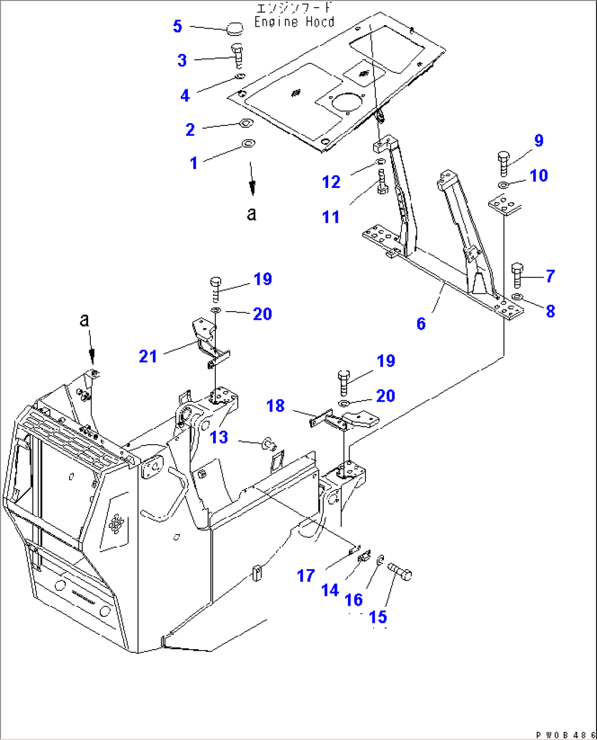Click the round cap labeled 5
(x=236, y=27)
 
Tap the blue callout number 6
(x=421, y=324)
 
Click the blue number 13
(x=219, y=437)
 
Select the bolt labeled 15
(x=400, y=572)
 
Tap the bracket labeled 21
(x=208, y=342)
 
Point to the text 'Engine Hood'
(x=294, y=22)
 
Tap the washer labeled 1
(x=248, y=144)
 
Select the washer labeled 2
(x=245, y=124)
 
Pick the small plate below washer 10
(x=503, y=206)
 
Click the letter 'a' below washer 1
(x=251, y=213)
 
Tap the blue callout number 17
(x=306, y=575)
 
